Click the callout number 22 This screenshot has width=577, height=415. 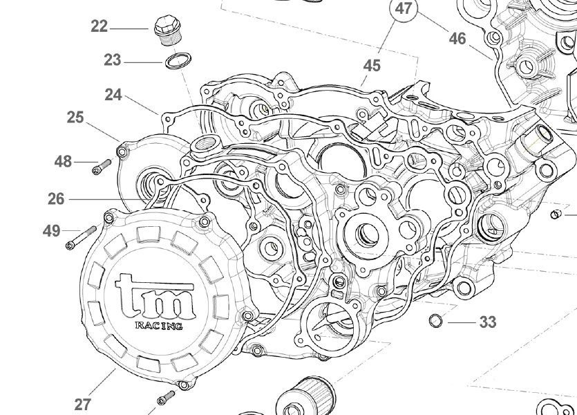point(100,26)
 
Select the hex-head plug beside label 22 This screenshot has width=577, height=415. point(168,30)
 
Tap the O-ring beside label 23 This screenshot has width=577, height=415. point(178,61)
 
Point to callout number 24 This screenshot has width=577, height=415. point(113,95)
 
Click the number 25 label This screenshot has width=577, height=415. point(75,118)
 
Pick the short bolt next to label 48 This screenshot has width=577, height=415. point(102,167)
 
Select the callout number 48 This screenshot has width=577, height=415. point(63,161)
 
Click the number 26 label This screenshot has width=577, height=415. point(56,199)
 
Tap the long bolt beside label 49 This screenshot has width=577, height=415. point(81,237)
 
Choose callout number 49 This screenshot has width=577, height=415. point(52,231)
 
